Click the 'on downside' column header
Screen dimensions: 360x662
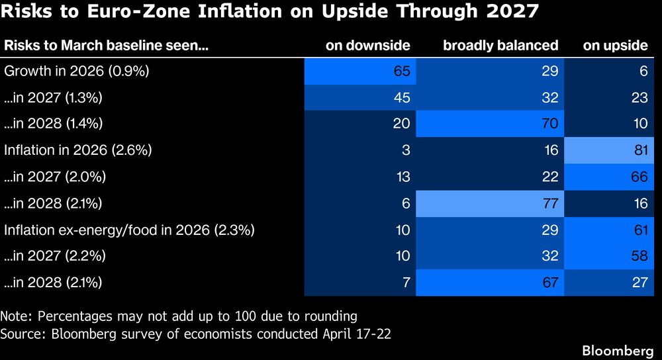pyautogui.click(x=367, y=46)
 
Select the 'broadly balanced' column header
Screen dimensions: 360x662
pyautogui.click(x=500, y=46)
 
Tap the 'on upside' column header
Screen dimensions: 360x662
pyautogui.click(x=615, y=46)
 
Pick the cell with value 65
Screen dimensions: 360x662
pyautogui.click(x=361, y=71)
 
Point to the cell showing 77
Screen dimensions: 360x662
pyautogui.click(x=491, y=203)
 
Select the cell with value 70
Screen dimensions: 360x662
pyautogui.click(x=491, y=124)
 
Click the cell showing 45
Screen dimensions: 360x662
pyautogui.click(x=361, y=97)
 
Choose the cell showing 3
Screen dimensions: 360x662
pyautogui.click(x=361, y=150)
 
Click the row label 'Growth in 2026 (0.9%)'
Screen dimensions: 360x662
pyautogui.click(x=77, y=71)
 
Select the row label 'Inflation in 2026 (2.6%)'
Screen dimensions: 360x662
pyautogui.click(x=78, y=150)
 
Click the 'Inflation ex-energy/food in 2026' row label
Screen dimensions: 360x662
pyautogui.click(x=129, y=230)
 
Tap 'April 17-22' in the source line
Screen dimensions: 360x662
pyautogui.click(x=358, y=333)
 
